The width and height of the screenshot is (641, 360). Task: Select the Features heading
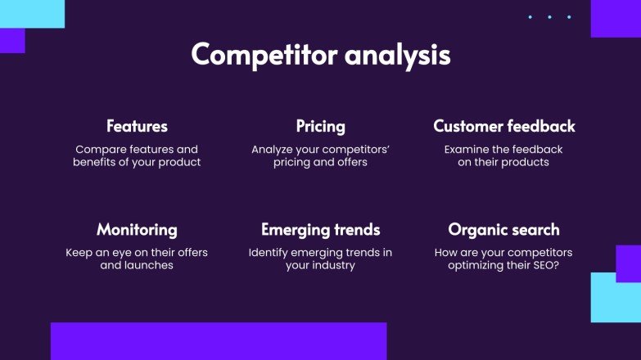coord(137,126)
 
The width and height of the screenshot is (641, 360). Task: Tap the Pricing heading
coord(320,126)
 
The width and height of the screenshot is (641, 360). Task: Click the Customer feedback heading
coord(503,126)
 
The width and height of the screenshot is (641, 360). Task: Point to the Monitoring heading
coord(137,229)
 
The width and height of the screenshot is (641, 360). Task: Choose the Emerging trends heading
coord(320,229)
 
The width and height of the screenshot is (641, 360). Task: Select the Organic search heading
coord(503,229)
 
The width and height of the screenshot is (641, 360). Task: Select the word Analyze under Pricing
coord(276,150)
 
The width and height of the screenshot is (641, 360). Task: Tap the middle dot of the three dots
coord(549,17)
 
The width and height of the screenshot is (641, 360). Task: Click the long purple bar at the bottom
coord(218,341)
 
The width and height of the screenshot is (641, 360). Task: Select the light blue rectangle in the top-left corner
coord(32,14)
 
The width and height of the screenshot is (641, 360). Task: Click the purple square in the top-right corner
coord(615,17)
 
